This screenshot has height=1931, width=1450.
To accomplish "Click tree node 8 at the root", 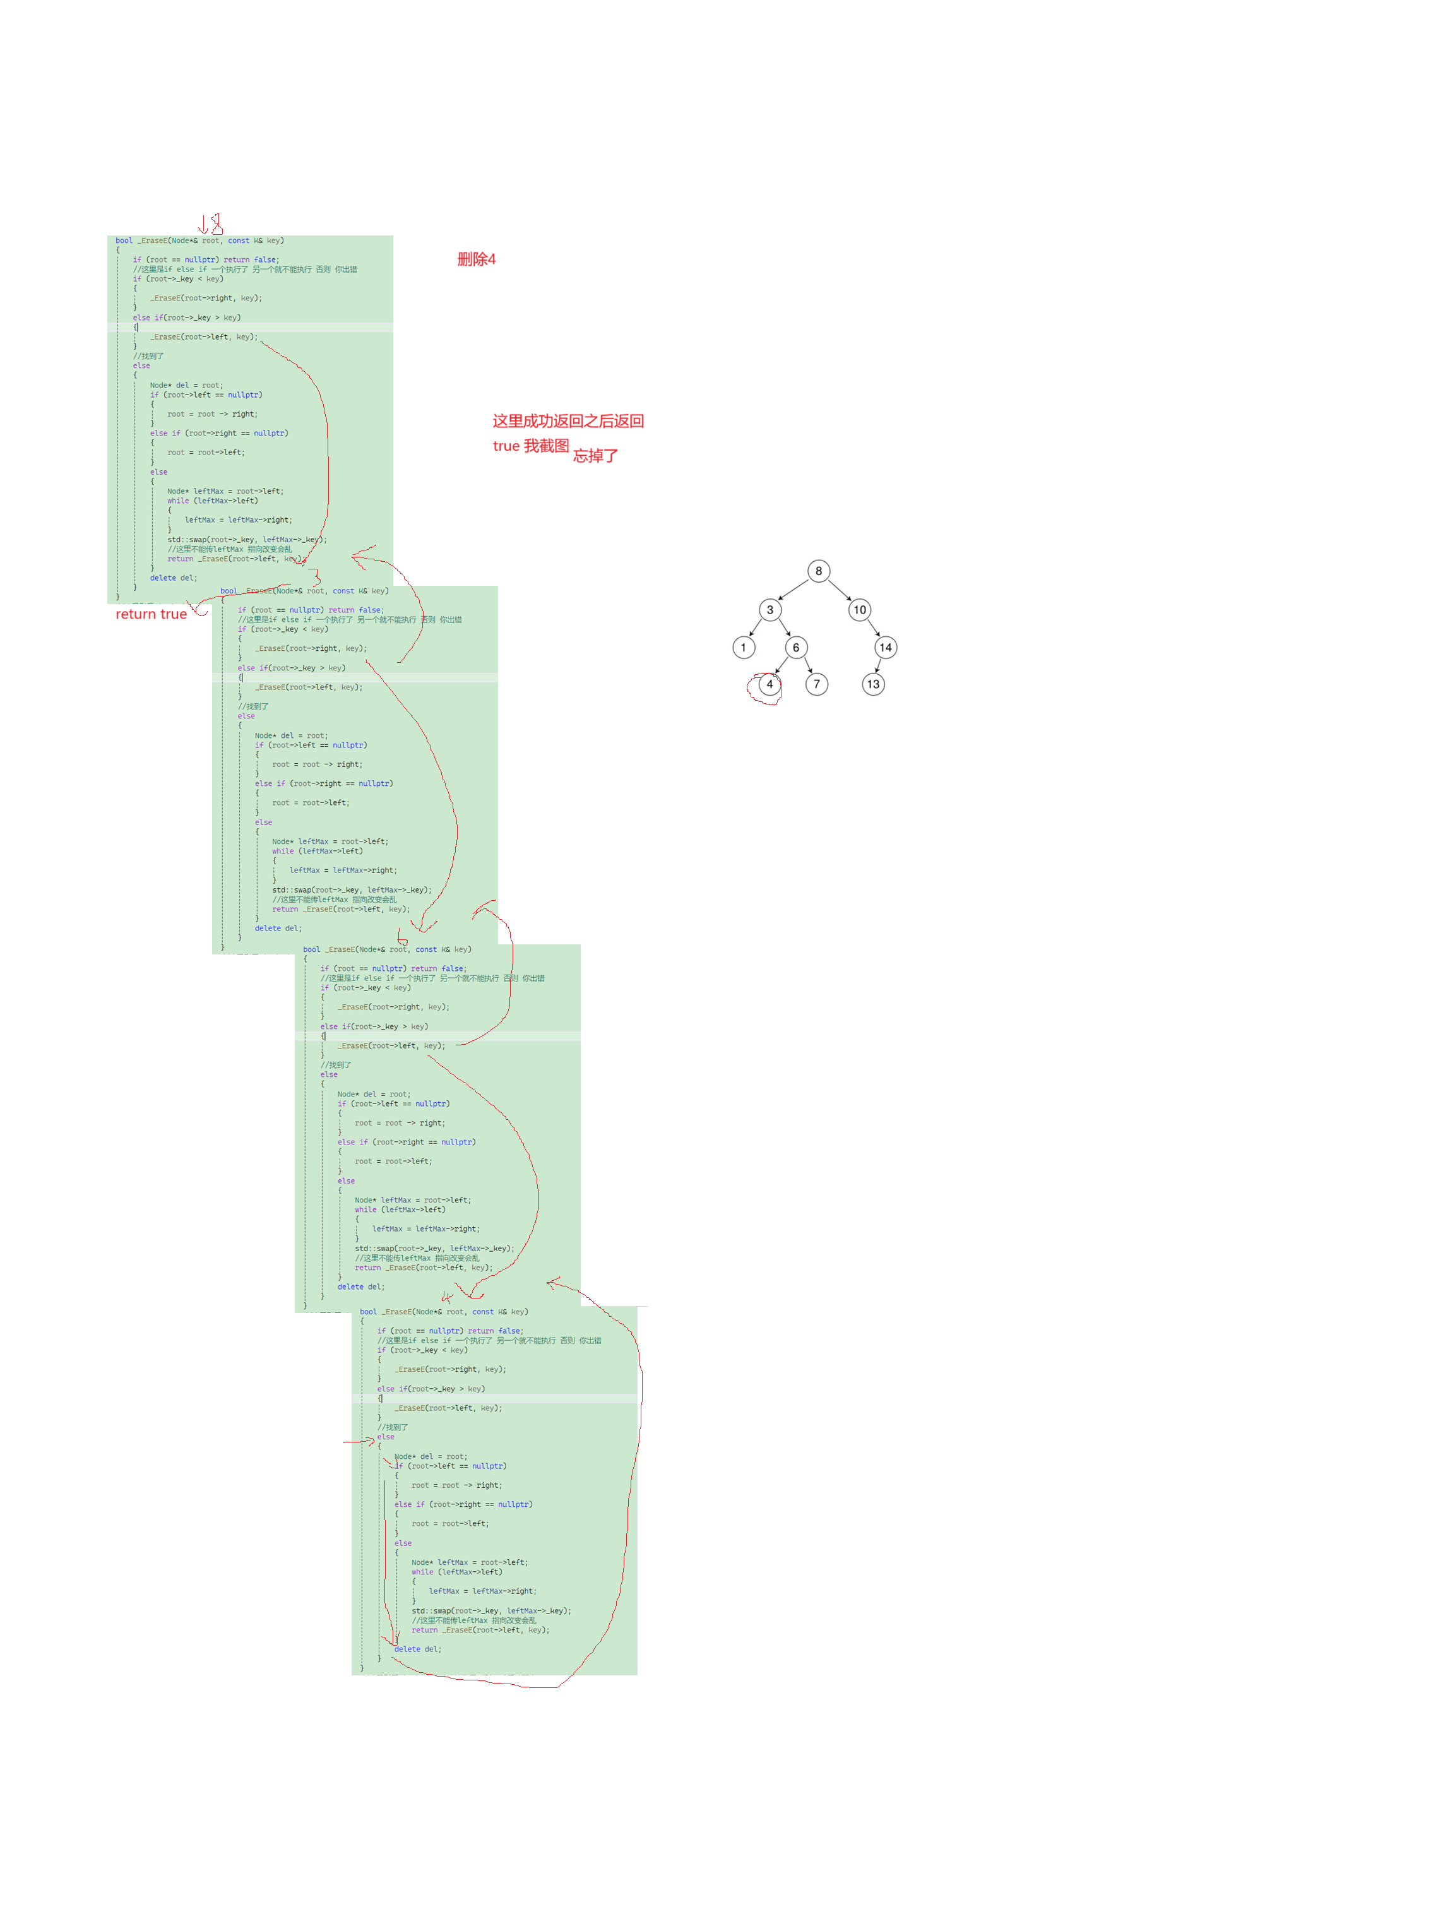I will (818, 571).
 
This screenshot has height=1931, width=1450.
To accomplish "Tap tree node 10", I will (860, 609).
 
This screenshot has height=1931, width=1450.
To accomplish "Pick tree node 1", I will (743, 647).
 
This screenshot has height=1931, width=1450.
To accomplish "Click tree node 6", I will (795, 647).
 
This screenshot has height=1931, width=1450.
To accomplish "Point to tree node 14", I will (885, 647).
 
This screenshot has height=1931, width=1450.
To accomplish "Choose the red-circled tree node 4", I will (769, 684).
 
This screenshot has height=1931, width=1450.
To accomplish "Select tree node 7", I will (816, 684).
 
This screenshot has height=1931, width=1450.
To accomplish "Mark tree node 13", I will (873, 684).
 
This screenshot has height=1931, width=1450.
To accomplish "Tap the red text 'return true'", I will (151, 614).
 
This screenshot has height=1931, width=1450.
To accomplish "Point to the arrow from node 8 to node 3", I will (793, 590).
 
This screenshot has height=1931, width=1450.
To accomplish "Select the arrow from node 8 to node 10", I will (839, 590).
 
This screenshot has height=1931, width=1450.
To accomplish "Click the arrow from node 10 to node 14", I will (873, 629).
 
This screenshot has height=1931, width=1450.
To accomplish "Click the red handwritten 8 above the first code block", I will (217, 224).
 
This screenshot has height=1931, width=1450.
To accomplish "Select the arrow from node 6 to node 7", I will (807, 666).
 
